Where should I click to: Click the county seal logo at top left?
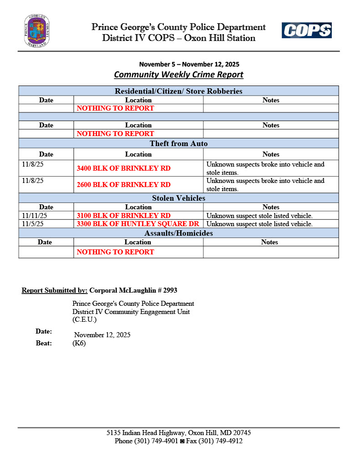point(37,31)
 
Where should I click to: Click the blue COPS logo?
point(306,30)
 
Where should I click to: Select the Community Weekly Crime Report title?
point(178,75)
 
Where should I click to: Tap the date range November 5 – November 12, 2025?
point(189,64)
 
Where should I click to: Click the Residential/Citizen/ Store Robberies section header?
point(178,91)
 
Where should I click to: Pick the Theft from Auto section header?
point(178,144)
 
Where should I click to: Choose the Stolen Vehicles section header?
point(178,198)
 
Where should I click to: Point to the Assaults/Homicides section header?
point(178,233)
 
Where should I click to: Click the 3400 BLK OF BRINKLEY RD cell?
point(123,168)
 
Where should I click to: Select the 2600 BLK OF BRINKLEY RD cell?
point(123,185)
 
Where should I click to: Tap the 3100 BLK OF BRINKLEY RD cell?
point(123,215)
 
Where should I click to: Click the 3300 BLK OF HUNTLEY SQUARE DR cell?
point(138,224)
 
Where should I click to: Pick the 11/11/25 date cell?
point(34,215)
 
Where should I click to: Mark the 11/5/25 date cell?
point(32,224)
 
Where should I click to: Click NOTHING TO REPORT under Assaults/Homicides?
point(115,252)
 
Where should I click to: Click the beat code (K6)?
point(79,343)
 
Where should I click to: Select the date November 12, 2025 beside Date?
point(102,335)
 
